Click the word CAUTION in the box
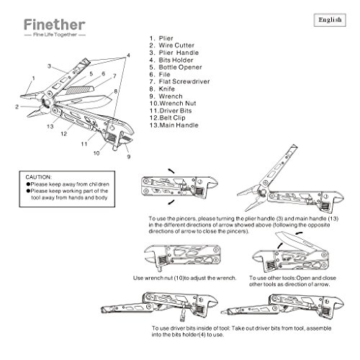(40, 176)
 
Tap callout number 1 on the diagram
(33, 78)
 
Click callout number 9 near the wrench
(128, 156)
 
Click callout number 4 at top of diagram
(128, 55)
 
